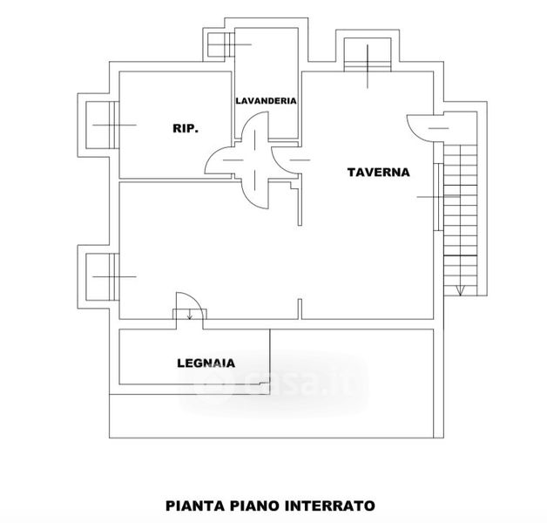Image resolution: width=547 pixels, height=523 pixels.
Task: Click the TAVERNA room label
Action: click(378, 172)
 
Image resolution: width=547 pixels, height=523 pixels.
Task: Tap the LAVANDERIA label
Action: click(267, 100)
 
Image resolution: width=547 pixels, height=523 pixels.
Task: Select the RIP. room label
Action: click(185, 128)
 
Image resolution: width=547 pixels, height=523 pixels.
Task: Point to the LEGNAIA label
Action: click(206, 363)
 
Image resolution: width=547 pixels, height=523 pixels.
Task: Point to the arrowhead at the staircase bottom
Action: click(459, 290)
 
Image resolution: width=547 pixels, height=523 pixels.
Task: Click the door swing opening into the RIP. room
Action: click(219, 161)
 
